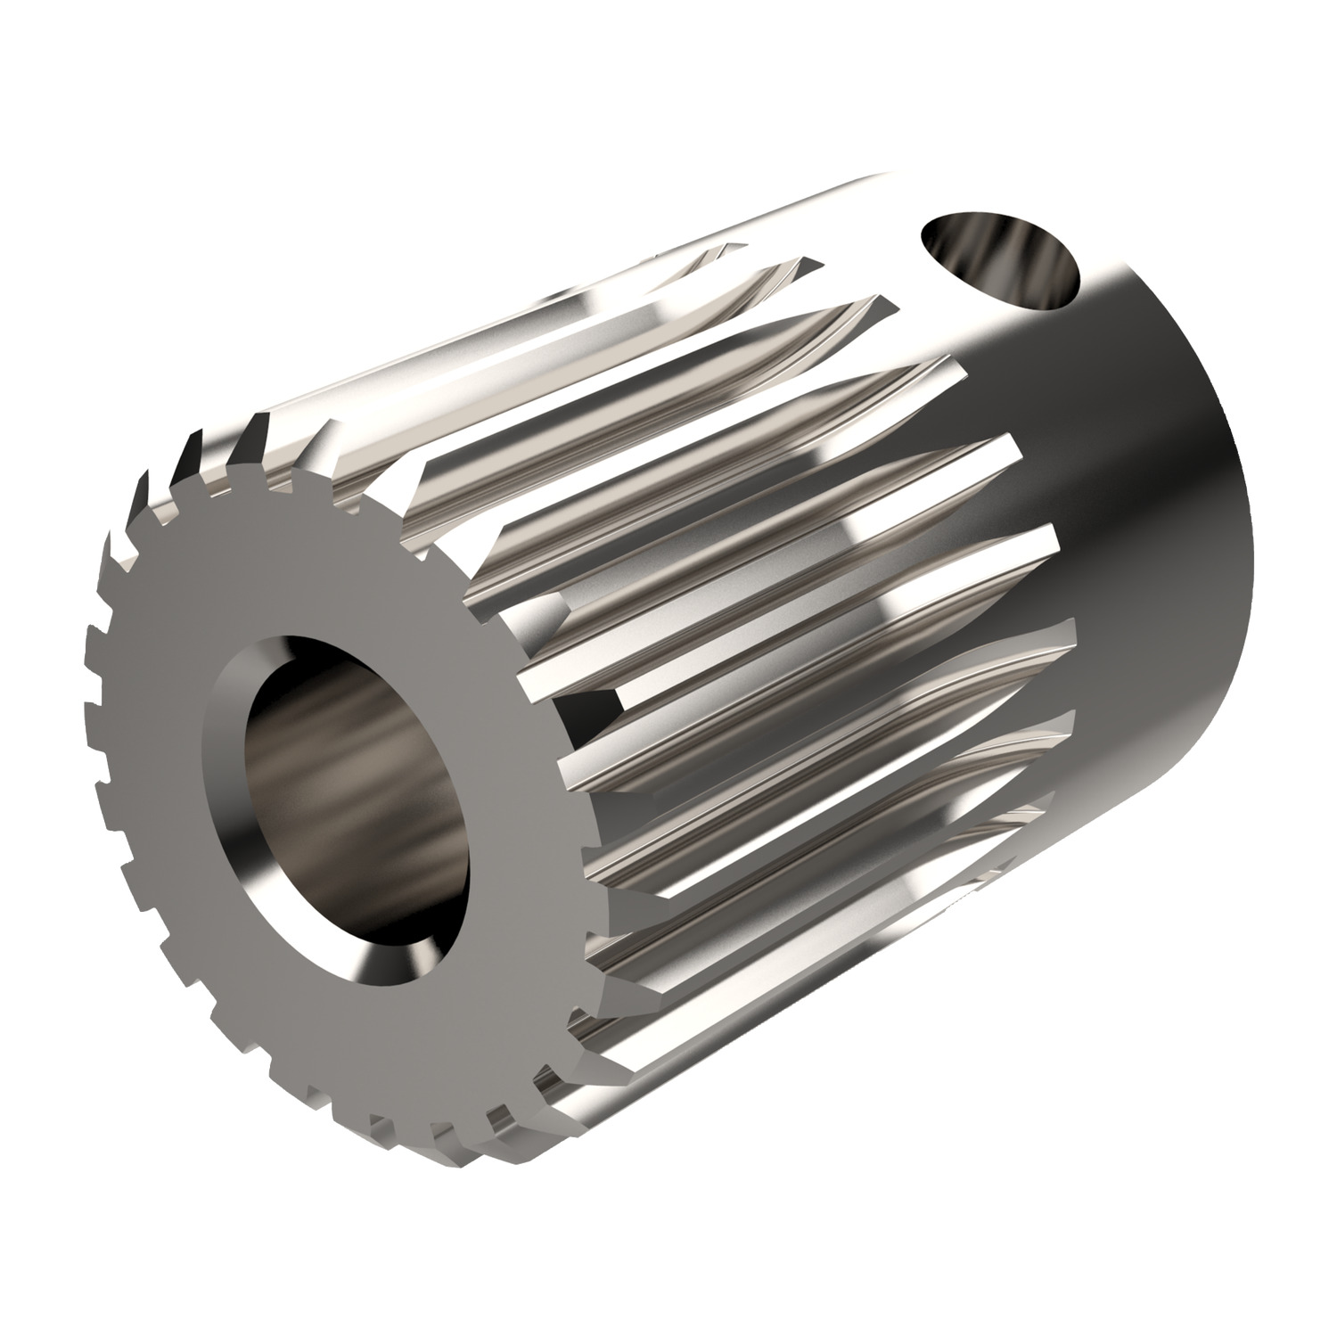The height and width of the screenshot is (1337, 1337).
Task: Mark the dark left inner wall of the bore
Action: (x=267, y=775)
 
